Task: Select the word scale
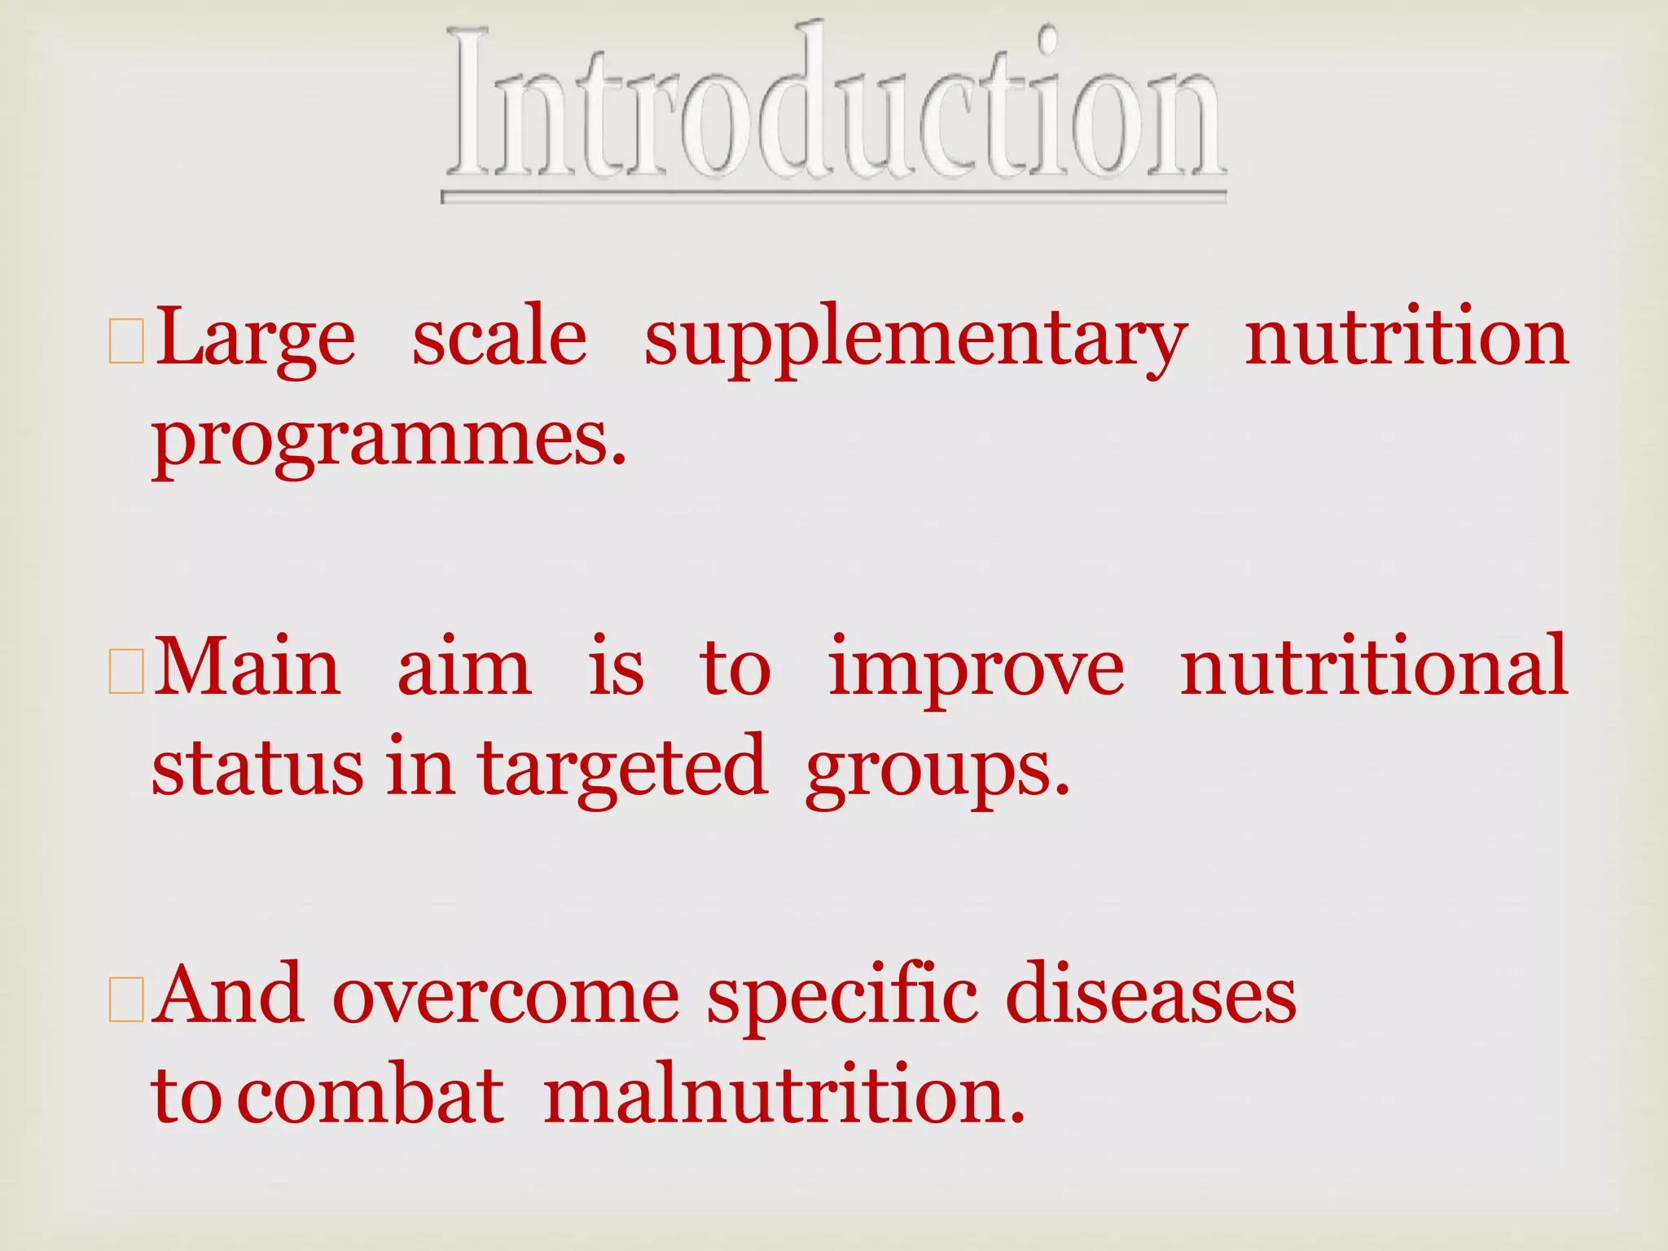tap(499, 339)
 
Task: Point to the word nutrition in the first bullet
tap(1407, 339)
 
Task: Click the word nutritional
tap(1374, 668)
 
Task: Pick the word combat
tap(372, 1096)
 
